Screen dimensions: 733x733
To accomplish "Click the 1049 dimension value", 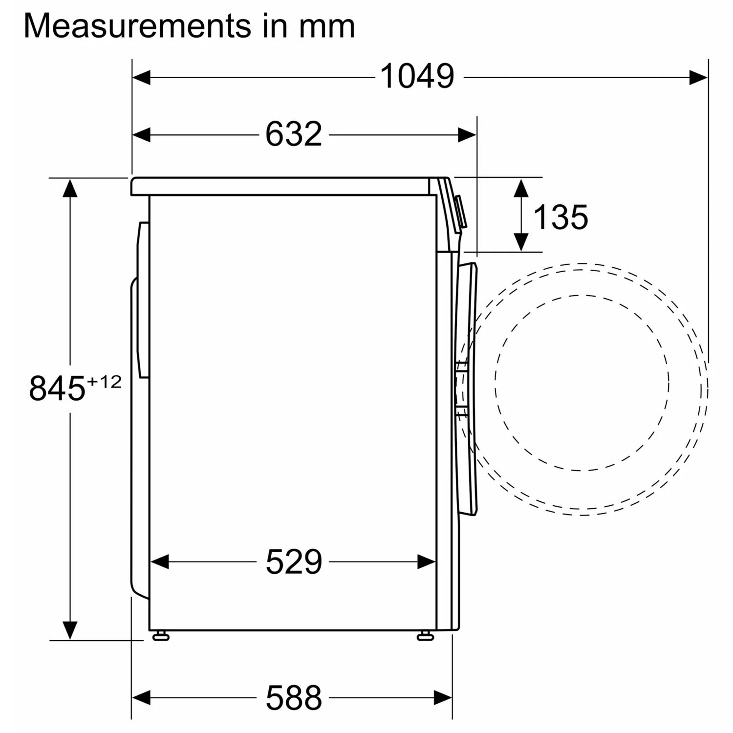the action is click(417, 77).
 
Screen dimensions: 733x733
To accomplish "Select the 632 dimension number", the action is click(294, 134).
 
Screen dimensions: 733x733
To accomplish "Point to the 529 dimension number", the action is click(294, 562).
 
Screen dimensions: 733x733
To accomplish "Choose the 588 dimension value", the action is click(294, 697).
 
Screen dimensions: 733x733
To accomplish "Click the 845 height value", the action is click(57, 388).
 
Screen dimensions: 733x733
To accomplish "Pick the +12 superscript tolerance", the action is click(104, 382).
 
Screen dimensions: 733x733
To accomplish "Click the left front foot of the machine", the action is click(160, 636).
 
